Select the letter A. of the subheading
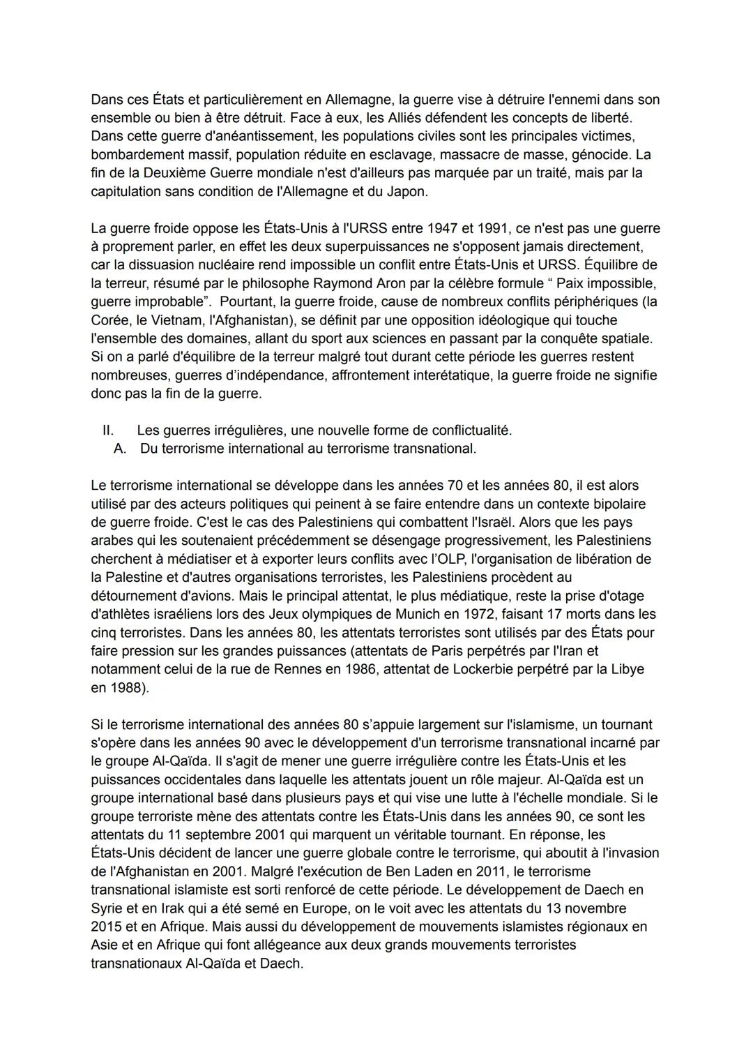(119, 449)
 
